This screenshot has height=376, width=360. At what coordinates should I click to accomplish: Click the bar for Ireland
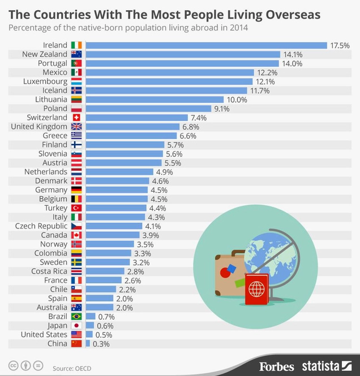point(207,45)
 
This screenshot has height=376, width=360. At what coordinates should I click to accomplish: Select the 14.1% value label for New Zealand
point(293,54)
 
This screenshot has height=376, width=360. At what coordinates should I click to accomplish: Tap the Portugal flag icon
point(76,63)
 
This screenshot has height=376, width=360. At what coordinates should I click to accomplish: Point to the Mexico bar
point(170,72)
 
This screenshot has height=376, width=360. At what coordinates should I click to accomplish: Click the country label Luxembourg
point(45,81)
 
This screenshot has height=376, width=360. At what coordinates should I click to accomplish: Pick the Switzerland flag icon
point(76,118)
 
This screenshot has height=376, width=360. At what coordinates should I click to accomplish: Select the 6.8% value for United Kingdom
point(191,127)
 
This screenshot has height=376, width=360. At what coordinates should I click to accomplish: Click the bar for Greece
point(131,136)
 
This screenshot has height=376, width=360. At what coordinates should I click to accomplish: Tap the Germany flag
point(76,190)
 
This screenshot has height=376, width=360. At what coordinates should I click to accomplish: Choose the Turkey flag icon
point(76,208)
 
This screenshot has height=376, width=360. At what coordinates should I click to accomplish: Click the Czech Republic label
point(41,226)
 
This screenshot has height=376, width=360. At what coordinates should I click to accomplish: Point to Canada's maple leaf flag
point(76,235)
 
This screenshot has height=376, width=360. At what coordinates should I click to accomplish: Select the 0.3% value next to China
point(101,344)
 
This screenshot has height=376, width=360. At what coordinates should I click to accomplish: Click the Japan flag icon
point(76,326)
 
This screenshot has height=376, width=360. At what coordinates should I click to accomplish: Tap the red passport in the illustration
point(257,289)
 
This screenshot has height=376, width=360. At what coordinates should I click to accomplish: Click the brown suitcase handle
point(238,253)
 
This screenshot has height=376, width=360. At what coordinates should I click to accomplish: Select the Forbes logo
point(276,367)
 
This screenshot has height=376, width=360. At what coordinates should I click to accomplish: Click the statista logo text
point(320,366)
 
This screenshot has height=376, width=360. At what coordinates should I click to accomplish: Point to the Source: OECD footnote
point(72,368)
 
